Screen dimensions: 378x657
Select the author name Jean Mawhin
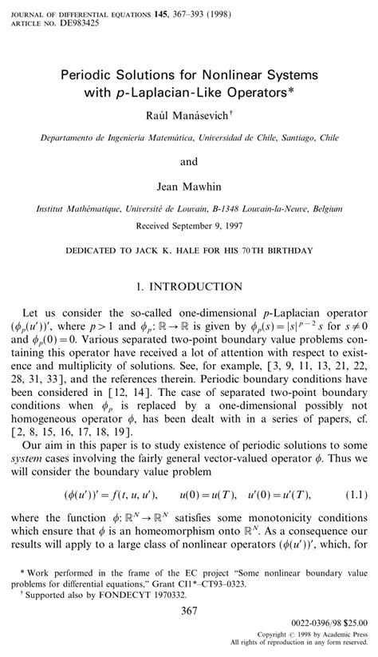click(x=189, y=185)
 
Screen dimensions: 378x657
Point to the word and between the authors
click(x=189, y=162)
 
